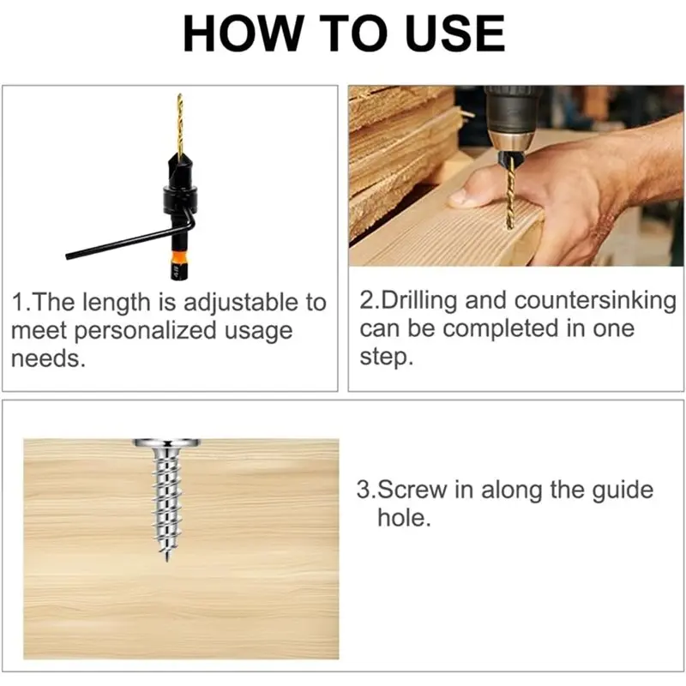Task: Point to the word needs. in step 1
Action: (48, 358)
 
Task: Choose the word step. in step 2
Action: (387, 356)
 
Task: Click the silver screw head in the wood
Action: (165, 444)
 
